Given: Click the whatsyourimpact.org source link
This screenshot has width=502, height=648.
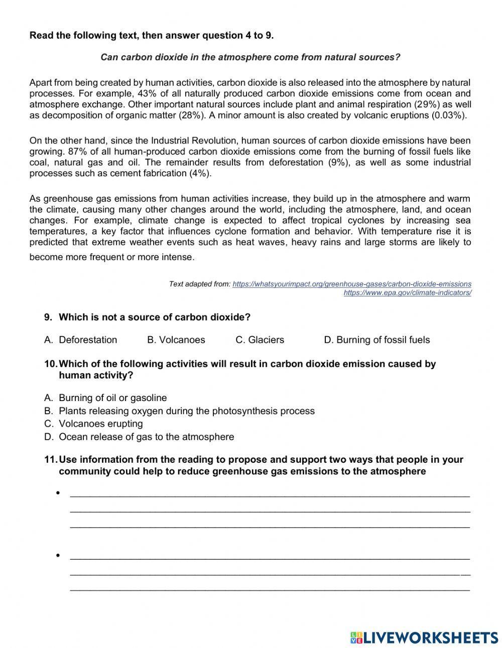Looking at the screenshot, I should (x=352, y=284).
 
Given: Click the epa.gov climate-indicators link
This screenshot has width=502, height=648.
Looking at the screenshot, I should (x=407, y=293).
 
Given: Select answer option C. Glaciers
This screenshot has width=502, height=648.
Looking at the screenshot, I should (x=260, y=340).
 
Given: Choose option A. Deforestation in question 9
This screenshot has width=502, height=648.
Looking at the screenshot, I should (x=81, y=340).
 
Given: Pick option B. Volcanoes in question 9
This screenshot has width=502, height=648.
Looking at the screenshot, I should (x=176, y=340).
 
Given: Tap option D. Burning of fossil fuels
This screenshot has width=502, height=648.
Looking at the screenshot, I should (x=377, y=340).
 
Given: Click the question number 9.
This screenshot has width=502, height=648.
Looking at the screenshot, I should (x=48, y=317).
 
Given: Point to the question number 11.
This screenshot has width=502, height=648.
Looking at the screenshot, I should (x=51, y=460).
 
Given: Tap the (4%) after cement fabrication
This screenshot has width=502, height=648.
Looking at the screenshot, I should (x=200, y=174).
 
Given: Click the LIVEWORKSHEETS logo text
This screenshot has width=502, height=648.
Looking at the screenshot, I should (x=430, y=637).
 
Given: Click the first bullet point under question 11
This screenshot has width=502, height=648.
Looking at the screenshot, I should (x=59, y=493).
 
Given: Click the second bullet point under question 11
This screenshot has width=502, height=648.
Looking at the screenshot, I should (x=59, y=556).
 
